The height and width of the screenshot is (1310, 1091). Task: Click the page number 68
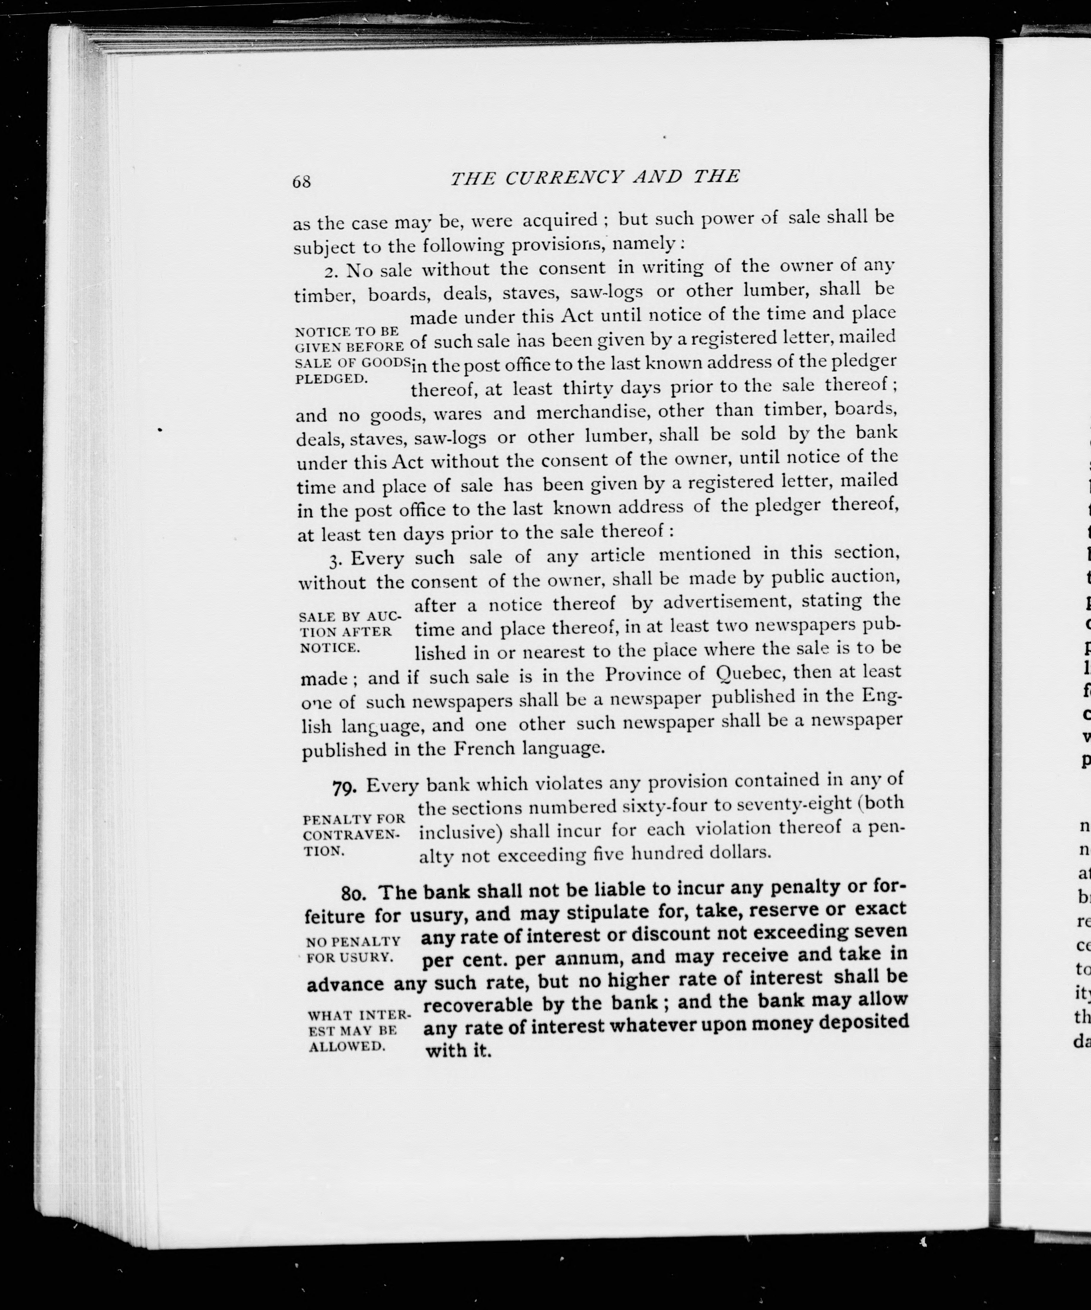pyautogui.click(x=302, y=181)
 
